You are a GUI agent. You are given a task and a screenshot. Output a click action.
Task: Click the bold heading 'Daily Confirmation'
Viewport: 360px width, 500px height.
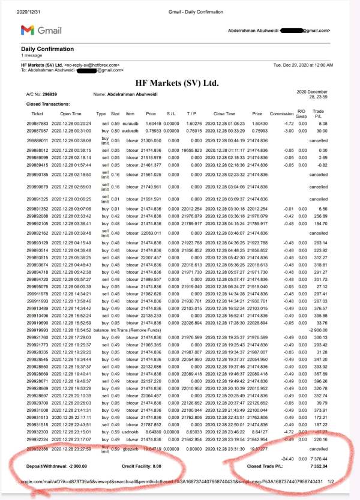[47, 49]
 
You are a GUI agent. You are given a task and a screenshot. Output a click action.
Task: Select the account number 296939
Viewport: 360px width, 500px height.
[50, 94]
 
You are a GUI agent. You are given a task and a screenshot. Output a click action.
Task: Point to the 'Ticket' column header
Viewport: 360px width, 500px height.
[37, 113]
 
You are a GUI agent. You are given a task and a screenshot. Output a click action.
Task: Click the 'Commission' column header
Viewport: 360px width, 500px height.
[281, 113]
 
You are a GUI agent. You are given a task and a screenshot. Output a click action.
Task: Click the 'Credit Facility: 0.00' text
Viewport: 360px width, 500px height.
[142, 465]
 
